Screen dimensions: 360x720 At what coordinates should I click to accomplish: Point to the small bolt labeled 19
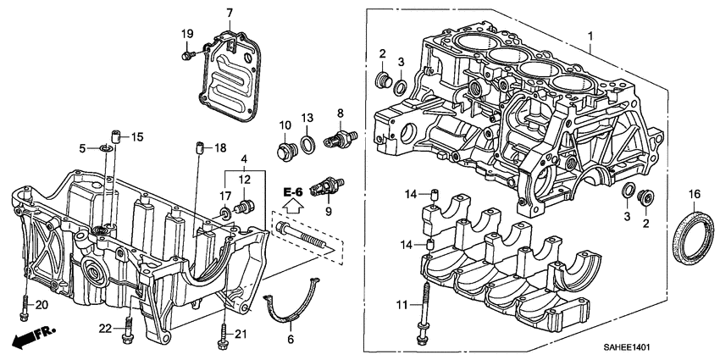pos(187,56)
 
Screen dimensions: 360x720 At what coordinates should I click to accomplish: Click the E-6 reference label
pos(293,193)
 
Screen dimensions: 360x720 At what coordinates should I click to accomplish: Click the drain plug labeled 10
pos(285,153)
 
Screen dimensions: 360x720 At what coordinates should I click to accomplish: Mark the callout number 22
pos(105,328)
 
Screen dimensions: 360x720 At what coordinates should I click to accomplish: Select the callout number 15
pos(137,136)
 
